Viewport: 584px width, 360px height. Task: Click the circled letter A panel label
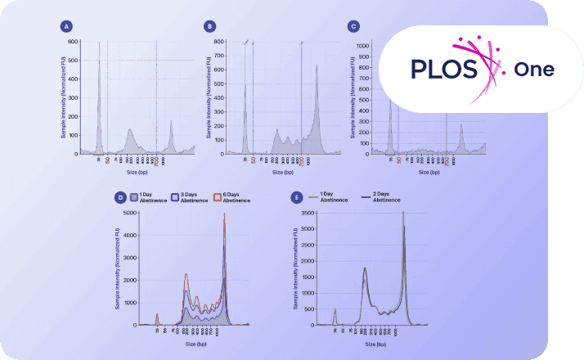click(x=65, y=26)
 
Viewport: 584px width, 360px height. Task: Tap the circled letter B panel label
click(x=210, y=26)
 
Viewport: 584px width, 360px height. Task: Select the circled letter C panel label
click(x=353, y=26)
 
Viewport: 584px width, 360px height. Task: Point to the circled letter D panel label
click(x=121, y=197)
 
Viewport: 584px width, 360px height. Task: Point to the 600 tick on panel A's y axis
click(x=73, y=41)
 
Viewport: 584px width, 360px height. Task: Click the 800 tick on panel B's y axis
click(x=219, y=41)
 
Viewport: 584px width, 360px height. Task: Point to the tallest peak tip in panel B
click(x=317, y=65)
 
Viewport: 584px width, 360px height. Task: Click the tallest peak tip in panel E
click(x=402, y=213)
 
